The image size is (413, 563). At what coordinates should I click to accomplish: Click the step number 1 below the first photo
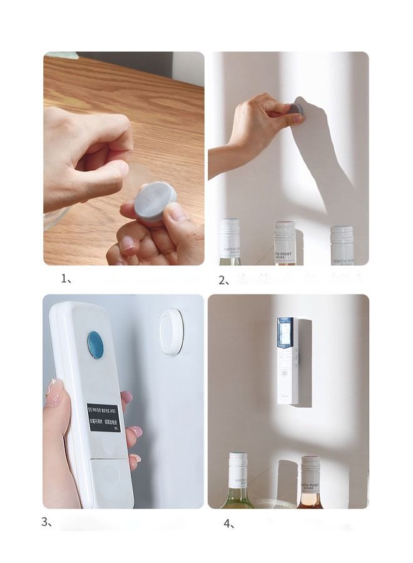pos(66,279)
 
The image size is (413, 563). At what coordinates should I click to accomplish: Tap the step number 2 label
pos(223,281)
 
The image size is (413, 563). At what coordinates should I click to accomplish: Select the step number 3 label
pos(46,522)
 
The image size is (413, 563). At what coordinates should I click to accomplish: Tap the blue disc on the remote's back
pos(95,345)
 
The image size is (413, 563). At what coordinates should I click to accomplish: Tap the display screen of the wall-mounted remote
pos(285,333)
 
